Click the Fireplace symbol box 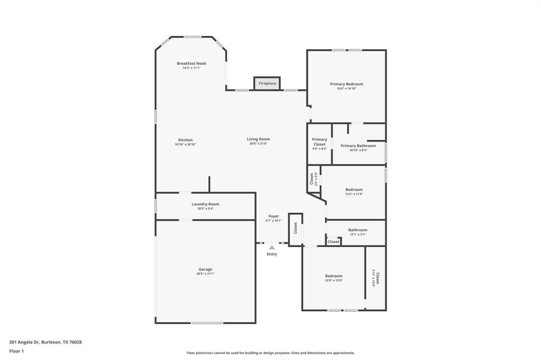click(x=267, y=83)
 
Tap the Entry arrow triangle click(x=272, y=247)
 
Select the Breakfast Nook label click(x=191, y=63)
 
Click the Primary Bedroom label click(x=347, y=84)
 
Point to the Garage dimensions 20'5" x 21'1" click(x=206, y=274)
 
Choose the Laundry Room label click(x=205, y=204)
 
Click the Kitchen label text click(x=185, y=140)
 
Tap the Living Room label click(x=258, y=139)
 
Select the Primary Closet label click(x=320, y=142)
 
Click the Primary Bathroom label click(x=358, y=146)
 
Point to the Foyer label click(x=273, y=216)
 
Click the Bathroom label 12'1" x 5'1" click(x=358, y=230)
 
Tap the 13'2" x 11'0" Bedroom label click(x=354, y=190)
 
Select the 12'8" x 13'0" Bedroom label click(x=333, y=276)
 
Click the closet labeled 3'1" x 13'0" click(x=376, y=278)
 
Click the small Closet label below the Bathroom click(x=333, y=242)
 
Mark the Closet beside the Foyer click(x=296, y=228)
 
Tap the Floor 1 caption click(x=17, y=351)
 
